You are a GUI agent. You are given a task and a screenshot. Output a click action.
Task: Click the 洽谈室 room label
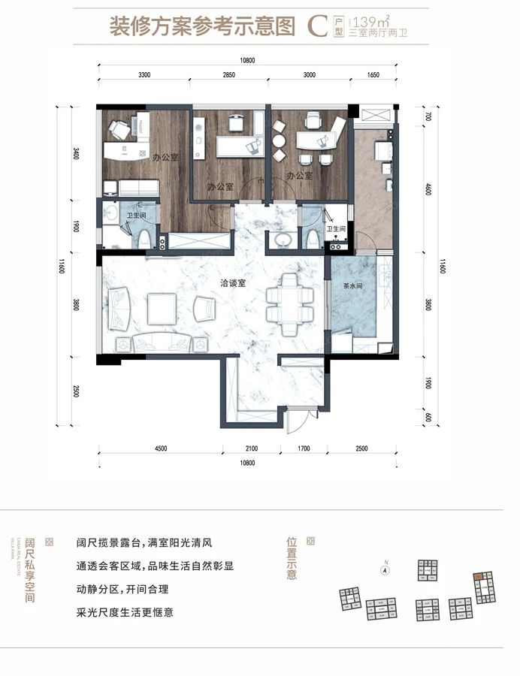(231, 284)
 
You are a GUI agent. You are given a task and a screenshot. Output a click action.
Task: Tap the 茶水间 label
(352, 285)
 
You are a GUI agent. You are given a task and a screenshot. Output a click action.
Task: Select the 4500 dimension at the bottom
(160, 448)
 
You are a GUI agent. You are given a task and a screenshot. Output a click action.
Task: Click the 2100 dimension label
(251, 448)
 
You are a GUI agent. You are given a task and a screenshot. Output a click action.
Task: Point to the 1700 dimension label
(303, 448)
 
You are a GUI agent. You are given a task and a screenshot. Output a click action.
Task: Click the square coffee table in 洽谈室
(161, 309)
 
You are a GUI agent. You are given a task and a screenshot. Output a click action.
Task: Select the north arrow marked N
(384, 569)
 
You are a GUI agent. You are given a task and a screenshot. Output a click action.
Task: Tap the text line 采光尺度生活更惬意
(125, 612)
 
